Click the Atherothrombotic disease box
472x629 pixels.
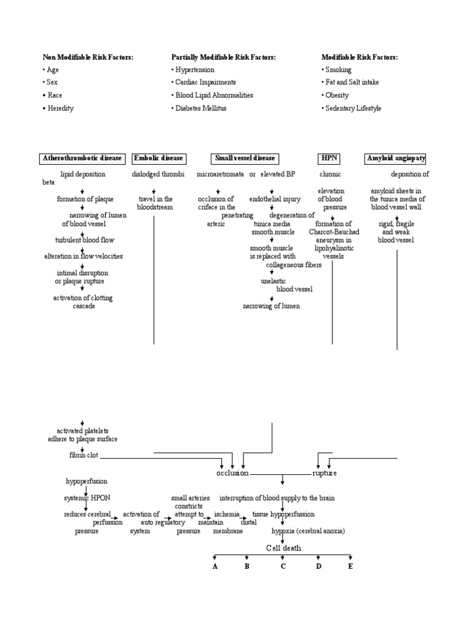tap(82, 158)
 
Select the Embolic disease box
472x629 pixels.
tap(159, 158)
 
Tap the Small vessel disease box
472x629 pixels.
tap(244, 158)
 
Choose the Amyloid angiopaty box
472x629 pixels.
tap(396, 158)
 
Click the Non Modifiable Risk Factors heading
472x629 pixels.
tap(88, 57)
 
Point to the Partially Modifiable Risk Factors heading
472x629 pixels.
tap(224, 57)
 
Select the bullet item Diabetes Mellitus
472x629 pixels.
tap(201, 108)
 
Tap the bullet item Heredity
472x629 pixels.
tap(60, 108)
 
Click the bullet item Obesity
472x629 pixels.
tap(337, 95)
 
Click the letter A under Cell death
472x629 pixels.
tap(215, 566)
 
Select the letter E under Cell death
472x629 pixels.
tap(350, 566)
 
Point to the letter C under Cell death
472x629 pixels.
tap(283, 566)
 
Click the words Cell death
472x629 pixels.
tap(283, 548)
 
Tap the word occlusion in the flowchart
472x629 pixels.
tap(232, 474)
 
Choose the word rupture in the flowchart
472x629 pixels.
tap(324, 474)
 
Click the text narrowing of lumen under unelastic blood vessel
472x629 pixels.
tap(271, 306)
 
